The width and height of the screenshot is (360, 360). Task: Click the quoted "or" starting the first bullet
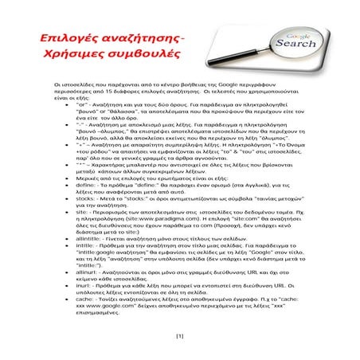[82, 104]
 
